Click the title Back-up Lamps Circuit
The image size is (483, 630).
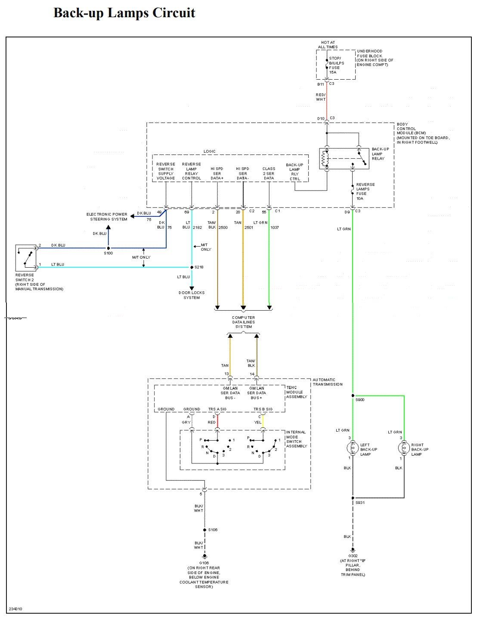pyautogui.click(x=124, y=13)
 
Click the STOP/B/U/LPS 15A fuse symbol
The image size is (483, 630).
pyautogui.click(x=327, y=66)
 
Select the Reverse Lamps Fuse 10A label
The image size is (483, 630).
pyautogui.click(x=365, y=191)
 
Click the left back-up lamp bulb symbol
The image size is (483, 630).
pyautogui.click(x=353, y=448)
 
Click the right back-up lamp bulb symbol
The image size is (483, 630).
pyautogui.click(x=404, y=448)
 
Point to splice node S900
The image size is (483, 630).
pyautogui.click(x=353, y=395)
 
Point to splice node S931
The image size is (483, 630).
pyautogui.click(x=353, y=498)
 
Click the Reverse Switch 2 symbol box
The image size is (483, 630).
pyautogui.click(x=26, y=257)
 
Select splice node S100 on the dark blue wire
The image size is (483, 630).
pyautogui.click(x=108, y=248)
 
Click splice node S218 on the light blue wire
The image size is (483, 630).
pyautogui.click(x=192, y=267)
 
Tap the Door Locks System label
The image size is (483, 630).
pyautogui.click(x=192, y=295)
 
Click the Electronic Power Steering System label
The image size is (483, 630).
pyautogui.click(x=108, y=216)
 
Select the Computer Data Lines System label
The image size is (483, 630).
pyautogui.click(x=243, y=322)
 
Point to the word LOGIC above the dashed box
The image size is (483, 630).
pyautogui.click(x=210, y=151)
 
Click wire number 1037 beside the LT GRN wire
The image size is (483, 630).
pyautogui.click(x=275, y=227)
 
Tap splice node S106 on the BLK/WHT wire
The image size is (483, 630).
pyautogui.click(x=204, y=530)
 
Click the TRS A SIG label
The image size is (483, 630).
pyautogui.click(x=217, y=409)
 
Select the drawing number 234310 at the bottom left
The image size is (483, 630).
pyautogui.click(x=15, y=609)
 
